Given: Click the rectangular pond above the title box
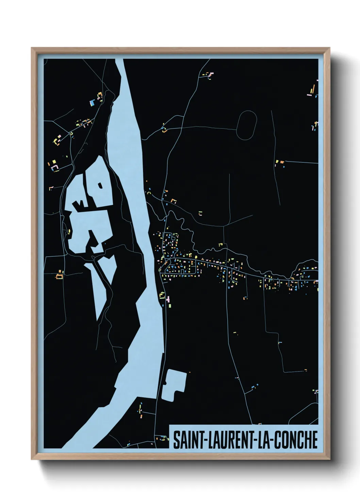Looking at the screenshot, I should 173,385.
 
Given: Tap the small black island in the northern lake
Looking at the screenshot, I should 100,186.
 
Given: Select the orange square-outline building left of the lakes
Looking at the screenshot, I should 60,277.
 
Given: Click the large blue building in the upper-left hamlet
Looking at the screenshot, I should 92,102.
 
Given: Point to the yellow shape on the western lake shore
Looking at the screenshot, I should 69,232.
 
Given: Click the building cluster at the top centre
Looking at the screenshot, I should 208,75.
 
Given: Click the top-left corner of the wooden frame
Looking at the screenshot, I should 32,48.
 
